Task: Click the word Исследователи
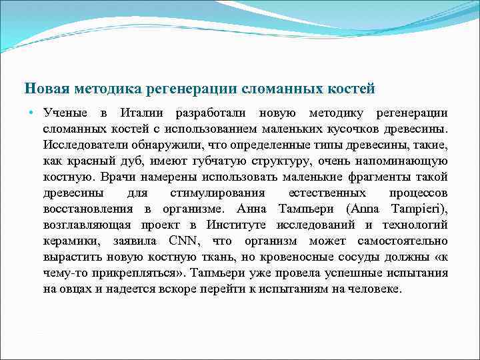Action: pos(84,145)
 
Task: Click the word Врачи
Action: pos(117,177)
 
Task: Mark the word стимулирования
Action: pos(209,193)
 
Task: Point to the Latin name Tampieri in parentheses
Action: pos(419,209)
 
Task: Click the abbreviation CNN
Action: pos(182,241)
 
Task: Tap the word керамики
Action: pos(70,241)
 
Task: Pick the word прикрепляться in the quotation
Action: pos(124,273)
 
